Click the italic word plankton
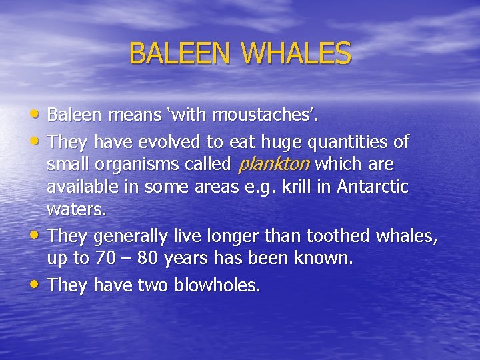[x=273, y=164]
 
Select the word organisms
[x=133, y=165]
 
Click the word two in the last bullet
[x=153, y=285]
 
